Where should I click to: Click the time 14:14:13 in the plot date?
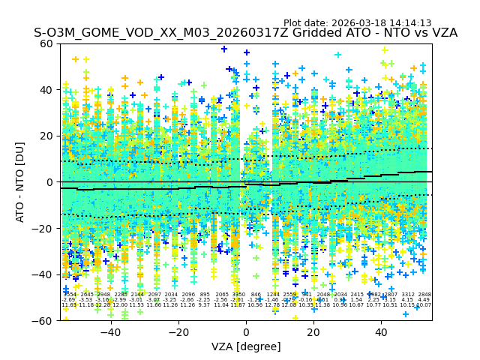pos(409,23)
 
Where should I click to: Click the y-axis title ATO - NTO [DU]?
pos(21,182)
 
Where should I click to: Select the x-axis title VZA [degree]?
pos(246,346)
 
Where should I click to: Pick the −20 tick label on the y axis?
pos(45,229)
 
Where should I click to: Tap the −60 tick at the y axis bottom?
pos(45,321)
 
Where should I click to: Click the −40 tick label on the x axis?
pos(110,332)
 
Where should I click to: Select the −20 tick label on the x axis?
pos(178,332)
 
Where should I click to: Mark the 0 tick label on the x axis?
pos(246,332)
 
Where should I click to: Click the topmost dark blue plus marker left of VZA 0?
pos(224,49)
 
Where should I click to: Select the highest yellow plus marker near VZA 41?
pos(385,50)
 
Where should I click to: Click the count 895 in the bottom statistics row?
pos(205,295)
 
